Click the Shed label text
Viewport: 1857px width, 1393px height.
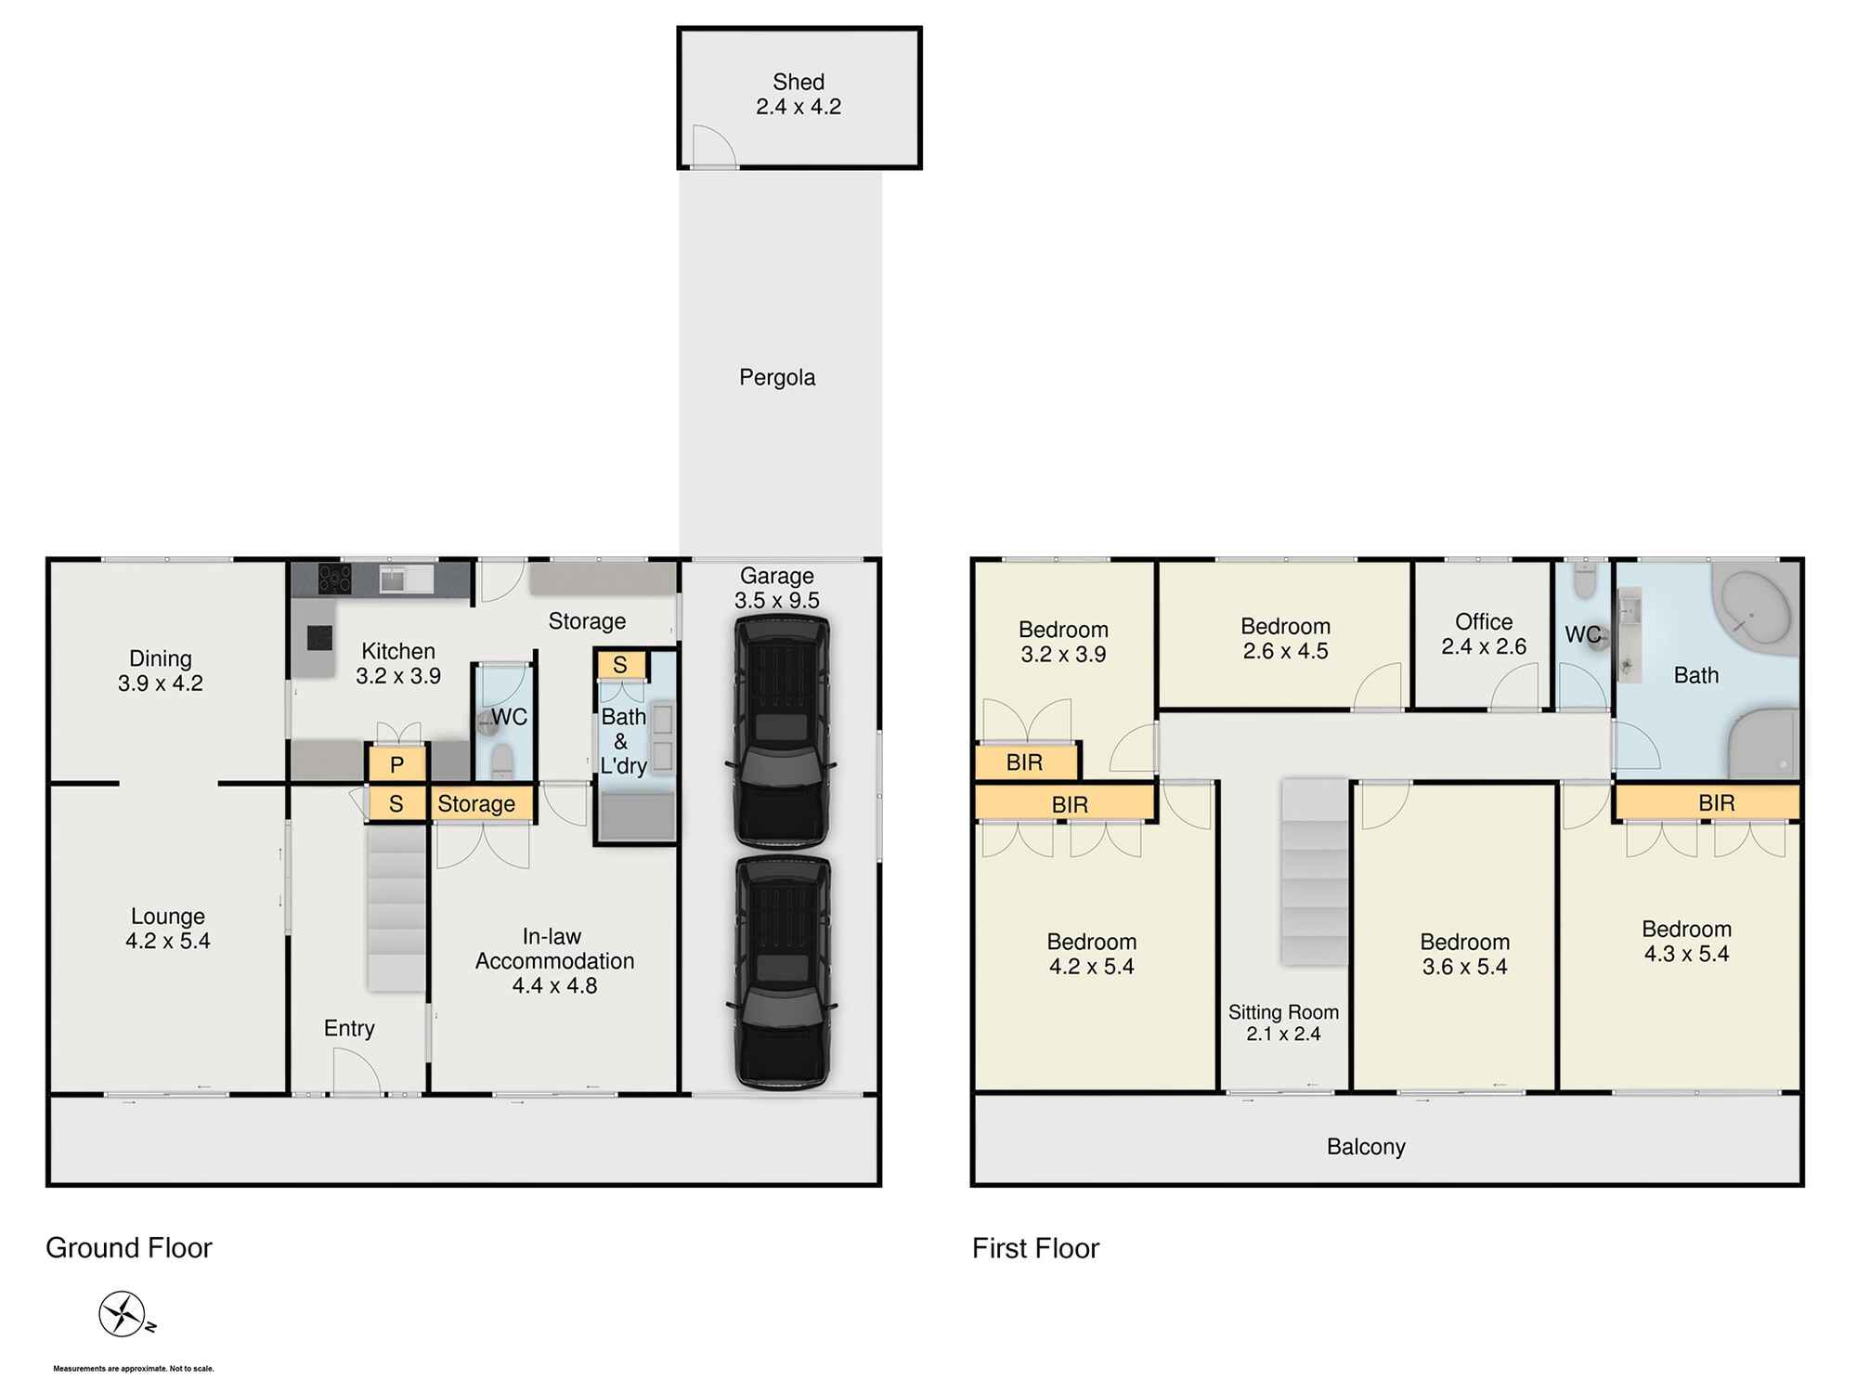(x=799, y=83)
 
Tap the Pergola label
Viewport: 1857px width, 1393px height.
(x=777, y=378)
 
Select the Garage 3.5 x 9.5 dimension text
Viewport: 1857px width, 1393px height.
(x=777, y=601)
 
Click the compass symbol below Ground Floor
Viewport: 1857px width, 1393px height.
(x=123, y=1314)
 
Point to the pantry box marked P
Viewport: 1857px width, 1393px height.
(x=396, y=765)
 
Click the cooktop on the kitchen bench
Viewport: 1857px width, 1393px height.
(x=334, y=579)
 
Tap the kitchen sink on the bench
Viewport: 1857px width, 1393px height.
(x=406, y=579)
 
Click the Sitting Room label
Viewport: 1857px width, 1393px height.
(x=1283, y=1013)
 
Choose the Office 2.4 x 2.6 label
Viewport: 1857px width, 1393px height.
(x=1484, y=634)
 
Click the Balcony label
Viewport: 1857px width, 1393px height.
(x=1366, y=1147)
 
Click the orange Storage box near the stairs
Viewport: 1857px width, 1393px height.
(x=476, y=804)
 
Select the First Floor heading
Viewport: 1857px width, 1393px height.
(x=1035, y=1248)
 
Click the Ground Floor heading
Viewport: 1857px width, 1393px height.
(x=129, y=1248)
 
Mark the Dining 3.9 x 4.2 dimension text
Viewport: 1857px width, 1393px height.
(x=161, y=683)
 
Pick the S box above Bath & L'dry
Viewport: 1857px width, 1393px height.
(x=620, y=665)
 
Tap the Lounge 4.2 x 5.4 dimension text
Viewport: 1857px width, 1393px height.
(x=168, y=942)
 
